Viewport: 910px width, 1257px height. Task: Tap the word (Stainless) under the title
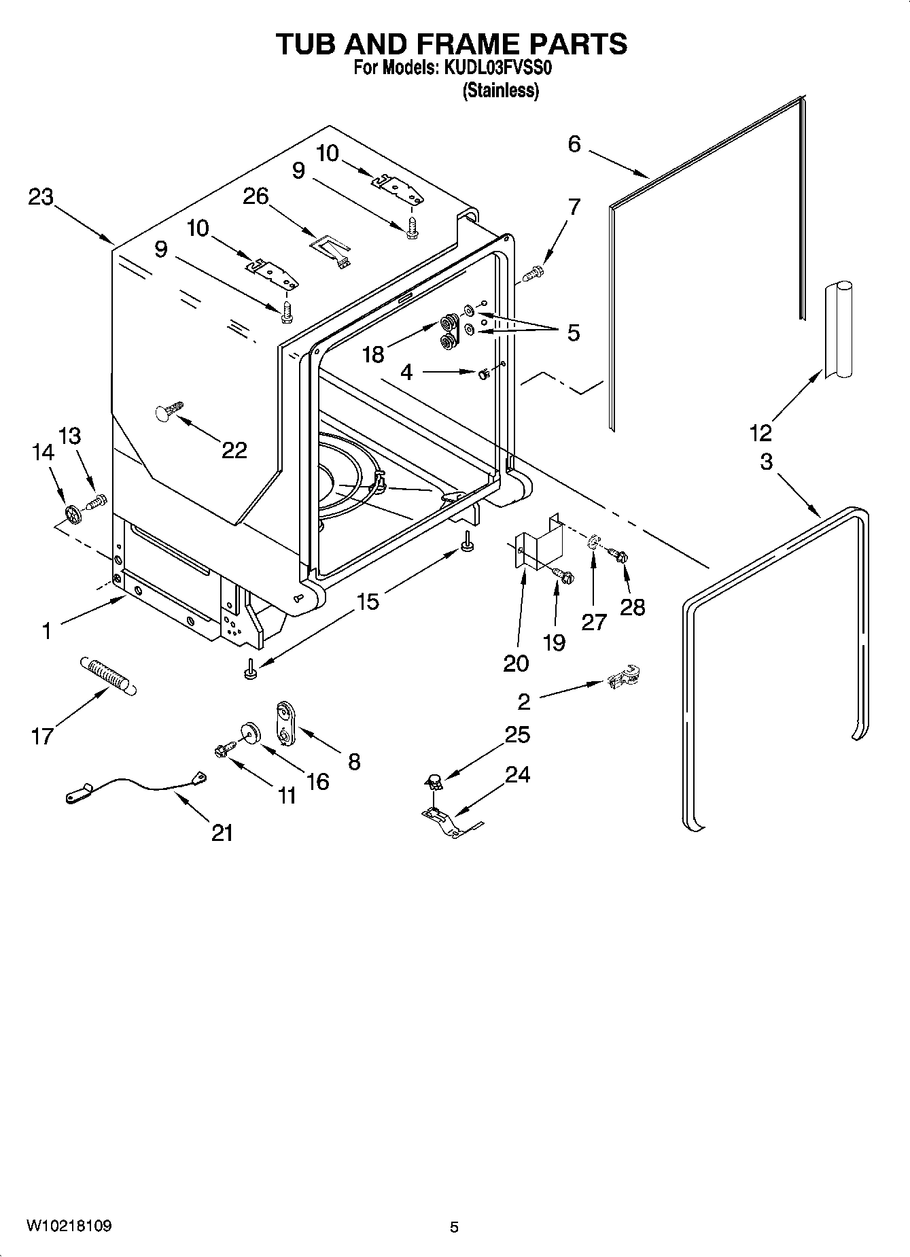(x=501, y=90)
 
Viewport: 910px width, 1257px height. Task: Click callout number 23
(x=41, y=197)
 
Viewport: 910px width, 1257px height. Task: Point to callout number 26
(x=256, y=196)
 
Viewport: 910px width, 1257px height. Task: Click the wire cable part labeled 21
(x=136, y=787)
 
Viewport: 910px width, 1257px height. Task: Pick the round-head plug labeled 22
(x=170, y=411)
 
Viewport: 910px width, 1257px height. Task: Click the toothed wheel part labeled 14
(x=72, y=515)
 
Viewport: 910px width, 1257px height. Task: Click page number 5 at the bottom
(x=454, y=1227)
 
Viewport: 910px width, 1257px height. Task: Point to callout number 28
(x=632, y=606)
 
